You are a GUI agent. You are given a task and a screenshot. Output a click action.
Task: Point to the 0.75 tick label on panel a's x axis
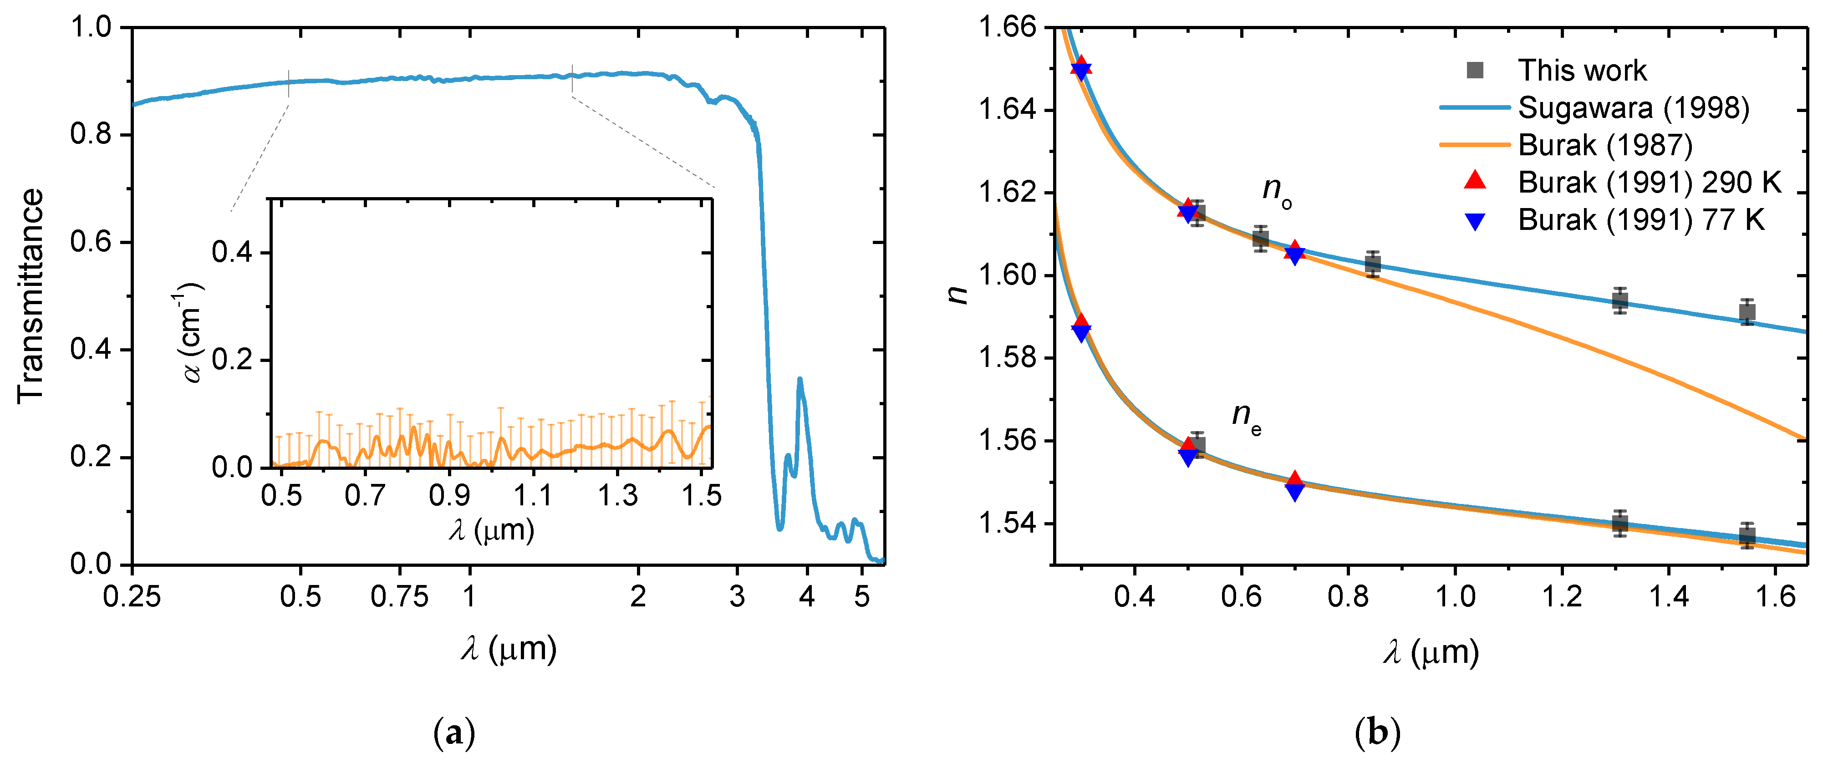[399, 597]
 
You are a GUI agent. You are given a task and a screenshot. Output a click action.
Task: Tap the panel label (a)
[453, 733]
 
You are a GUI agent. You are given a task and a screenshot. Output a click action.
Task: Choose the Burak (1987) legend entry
[1604, 145]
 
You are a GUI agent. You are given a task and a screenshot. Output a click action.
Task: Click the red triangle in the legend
[1475, 181]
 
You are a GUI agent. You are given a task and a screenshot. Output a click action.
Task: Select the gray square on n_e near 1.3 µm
[1620, 524]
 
